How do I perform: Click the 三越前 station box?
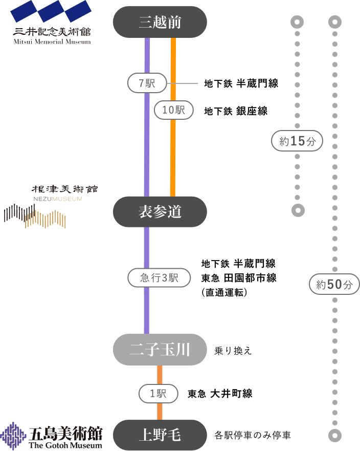click(160, 22)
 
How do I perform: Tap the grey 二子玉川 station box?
click(160, 350)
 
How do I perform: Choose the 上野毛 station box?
click(160, 435)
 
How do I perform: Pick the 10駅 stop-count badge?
click(173, 110)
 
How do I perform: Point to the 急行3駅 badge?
click(159, 278)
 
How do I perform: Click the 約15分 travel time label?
click(297, 142)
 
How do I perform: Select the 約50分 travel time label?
click(334, 285)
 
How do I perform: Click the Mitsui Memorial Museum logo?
click(52, 23)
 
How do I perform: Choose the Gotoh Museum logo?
click(51, 436)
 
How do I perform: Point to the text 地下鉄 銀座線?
click(236, 111)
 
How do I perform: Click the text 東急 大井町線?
click(220, 394)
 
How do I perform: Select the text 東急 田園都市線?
click(239, 278)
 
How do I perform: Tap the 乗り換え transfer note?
click(233, 351)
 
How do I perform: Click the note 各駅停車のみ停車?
click(253, 436)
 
